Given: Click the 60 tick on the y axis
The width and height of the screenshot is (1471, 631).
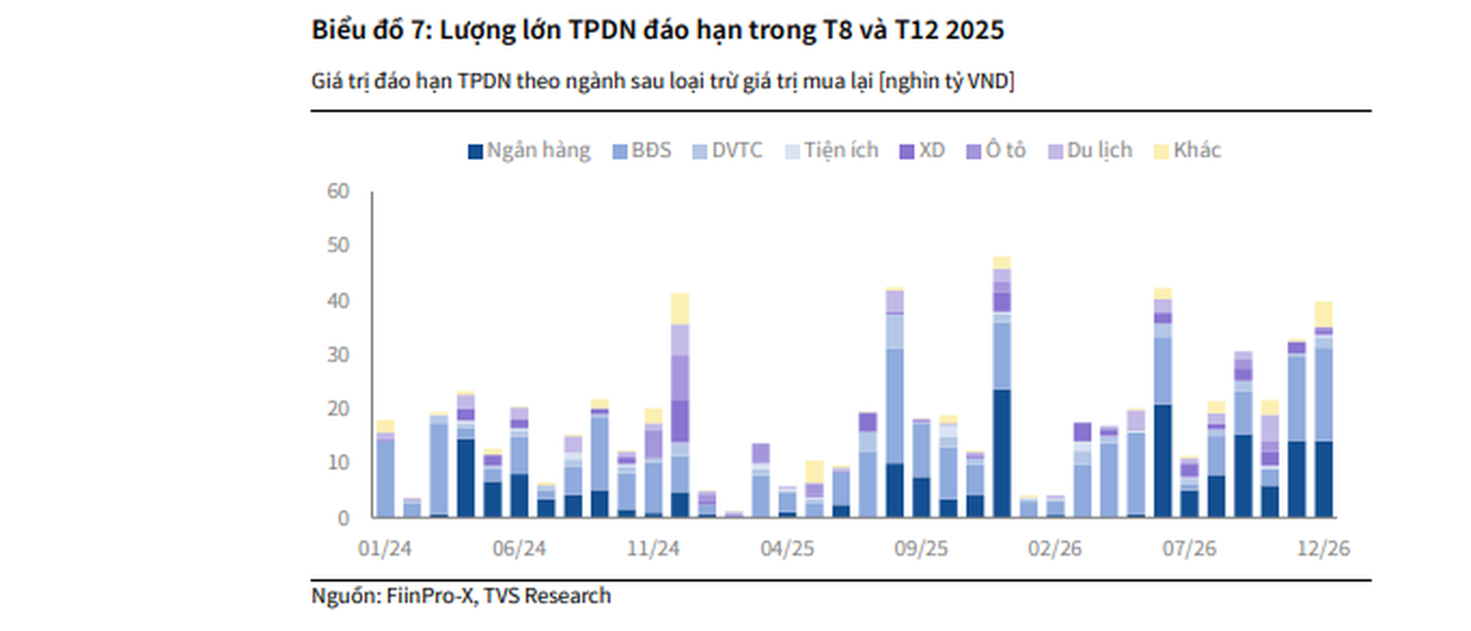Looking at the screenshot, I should coord(338,191).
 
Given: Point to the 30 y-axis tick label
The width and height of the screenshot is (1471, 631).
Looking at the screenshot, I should coord(338,355).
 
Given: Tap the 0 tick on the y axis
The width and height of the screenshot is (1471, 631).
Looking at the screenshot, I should coord(344,518).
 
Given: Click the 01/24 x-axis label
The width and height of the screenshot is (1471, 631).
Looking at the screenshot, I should coord(384,549).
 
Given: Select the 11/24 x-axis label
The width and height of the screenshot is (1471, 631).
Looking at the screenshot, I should coord(653,549).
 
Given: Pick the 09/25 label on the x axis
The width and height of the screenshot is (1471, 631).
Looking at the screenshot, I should coord(920,549).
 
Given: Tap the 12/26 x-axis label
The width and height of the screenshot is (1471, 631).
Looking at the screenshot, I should coord(1323,549).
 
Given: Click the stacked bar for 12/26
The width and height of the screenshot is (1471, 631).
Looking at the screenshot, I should coord(1324,413).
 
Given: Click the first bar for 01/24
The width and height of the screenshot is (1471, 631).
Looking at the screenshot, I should coord(385,473).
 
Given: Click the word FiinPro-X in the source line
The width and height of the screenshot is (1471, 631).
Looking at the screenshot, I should coord(429,596).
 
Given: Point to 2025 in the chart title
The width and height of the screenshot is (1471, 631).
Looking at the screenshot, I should coord(975,30).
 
